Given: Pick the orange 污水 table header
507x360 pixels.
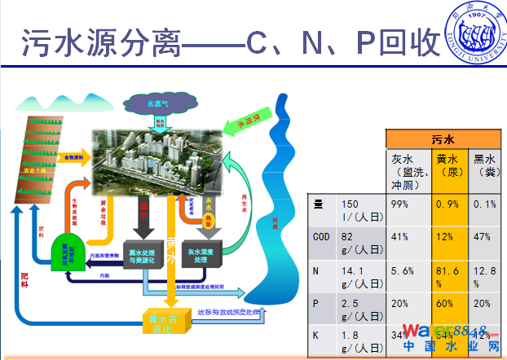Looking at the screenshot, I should point(443,139).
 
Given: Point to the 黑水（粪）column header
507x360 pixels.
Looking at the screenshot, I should point(487,165).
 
